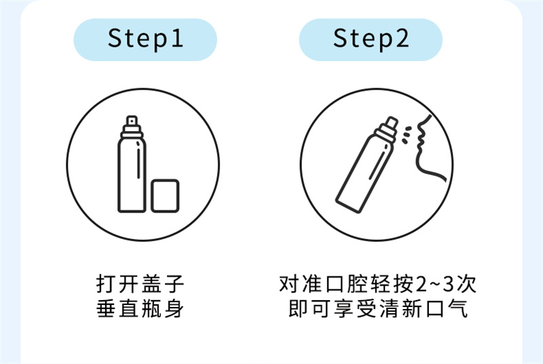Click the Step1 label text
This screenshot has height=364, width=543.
click(145, 39)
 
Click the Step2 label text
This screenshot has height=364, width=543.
click(371, 39)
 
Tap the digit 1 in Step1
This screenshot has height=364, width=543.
click(177, 37)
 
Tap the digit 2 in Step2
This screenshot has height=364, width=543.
click(402, 37)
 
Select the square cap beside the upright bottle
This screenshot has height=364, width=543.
click(165, 196)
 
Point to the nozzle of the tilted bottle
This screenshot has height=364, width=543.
click(392, 124)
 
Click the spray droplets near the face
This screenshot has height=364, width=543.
click(406, 135)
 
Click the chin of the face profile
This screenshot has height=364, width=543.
click(419, 154)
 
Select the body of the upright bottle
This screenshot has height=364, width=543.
click(132, 173)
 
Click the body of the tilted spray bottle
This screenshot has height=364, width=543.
click(364, 173)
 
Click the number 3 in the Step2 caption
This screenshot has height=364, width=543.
click(448, 284)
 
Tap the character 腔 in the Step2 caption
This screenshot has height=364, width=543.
click(358, 284)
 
